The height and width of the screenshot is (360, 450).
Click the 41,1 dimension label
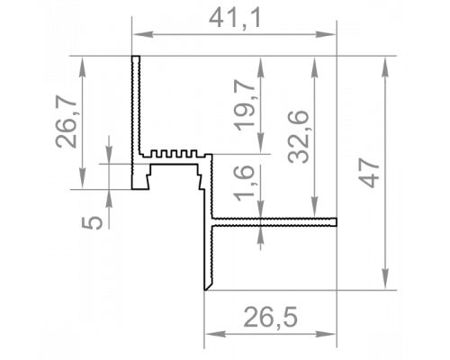click(x=235, y=19)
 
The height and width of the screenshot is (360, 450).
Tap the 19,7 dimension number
click(x=245, y=106)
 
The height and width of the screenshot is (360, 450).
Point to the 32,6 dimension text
click(x=298, y=137)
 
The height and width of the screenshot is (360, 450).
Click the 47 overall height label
click(x=369, y=173)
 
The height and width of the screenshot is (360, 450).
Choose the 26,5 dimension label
click(x=270, y=317)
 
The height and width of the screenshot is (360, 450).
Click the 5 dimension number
click(x=93, y=222)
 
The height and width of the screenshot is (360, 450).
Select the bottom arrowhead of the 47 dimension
click(x=385, y=279)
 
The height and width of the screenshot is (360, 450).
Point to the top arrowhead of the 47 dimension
click(x=385, y=67)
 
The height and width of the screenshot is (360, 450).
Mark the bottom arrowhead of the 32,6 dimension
click(x=314, y=207)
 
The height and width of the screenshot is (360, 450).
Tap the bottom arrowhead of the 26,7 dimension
click(x=82, y=178)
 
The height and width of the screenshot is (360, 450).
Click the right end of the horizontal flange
click(x=337, y=222)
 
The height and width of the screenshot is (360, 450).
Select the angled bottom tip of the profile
click(x=205, y=290)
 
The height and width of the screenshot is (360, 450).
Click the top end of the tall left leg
click(x=136, y=57)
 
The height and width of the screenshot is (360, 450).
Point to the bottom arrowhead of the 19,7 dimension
click(x=261, y=143)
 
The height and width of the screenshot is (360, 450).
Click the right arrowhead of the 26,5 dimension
click(x=325, y=334)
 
